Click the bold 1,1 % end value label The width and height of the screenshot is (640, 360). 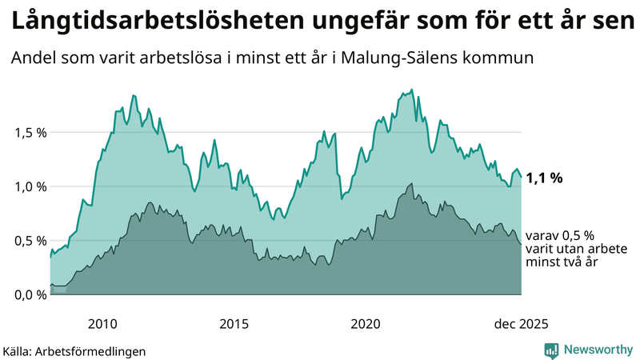pos(545,178)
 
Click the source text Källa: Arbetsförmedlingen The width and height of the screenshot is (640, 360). pos(74,350)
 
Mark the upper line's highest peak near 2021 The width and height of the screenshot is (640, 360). pos(412,90)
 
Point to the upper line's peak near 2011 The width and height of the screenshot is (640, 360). pos(133,95)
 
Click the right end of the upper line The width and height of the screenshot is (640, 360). pos(521,176)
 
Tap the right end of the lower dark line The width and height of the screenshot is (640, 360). pos(521,244)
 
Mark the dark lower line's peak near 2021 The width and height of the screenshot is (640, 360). pos(412,183)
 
